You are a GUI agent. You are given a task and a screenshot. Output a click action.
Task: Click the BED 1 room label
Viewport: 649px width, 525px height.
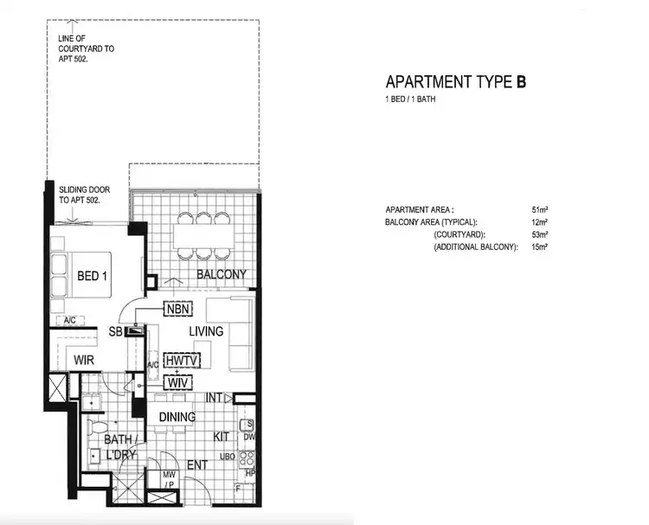click(93, 277)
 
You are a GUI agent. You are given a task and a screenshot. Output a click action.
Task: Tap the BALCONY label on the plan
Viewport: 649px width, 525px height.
click(222, 275)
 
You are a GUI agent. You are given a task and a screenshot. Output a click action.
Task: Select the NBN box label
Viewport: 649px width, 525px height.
click(178, 307)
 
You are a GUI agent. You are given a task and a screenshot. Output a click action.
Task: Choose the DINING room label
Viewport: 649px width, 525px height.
click(177, 418)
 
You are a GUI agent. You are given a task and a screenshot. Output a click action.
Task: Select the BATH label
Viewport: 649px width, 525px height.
click(118, 439)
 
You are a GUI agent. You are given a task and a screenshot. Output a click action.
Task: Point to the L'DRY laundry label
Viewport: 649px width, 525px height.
click(119, 455)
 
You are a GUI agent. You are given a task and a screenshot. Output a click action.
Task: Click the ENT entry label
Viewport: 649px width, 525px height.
click(197, 465)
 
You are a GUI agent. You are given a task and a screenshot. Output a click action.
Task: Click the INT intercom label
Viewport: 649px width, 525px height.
click(216, 398)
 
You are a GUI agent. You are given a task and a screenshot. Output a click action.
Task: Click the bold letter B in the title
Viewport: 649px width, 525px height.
click(521, 83)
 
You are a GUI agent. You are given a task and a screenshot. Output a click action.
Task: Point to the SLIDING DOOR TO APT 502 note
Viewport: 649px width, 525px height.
click(80, 194)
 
